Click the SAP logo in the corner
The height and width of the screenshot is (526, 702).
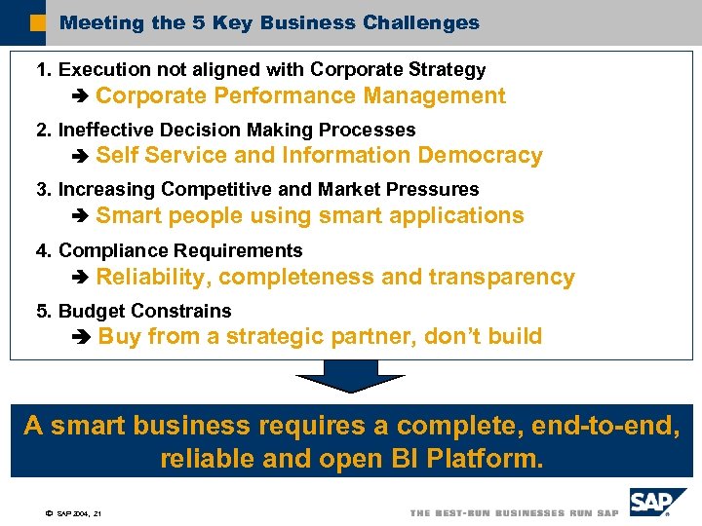650,504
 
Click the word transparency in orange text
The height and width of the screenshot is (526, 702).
501,278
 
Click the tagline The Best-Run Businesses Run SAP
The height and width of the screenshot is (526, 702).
514,513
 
